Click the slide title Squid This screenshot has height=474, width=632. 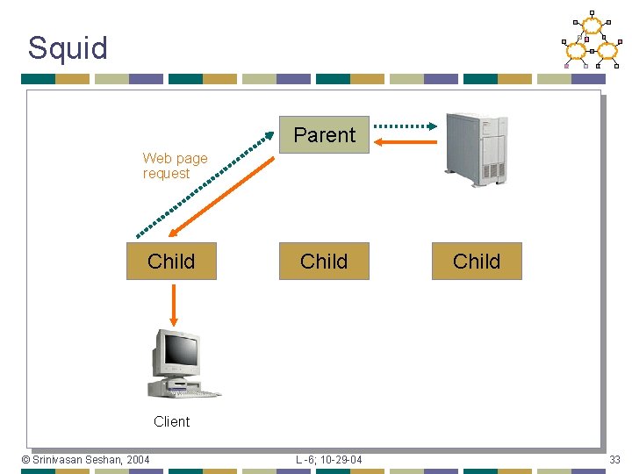(68, 47)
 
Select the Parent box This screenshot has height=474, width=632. (324, 135)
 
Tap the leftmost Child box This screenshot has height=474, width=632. (171, 262)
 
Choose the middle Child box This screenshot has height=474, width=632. (324, 262)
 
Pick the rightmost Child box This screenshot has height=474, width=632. (477, 262)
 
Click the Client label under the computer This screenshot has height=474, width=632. (171, 421)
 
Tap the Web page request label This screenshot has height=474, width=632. (175, 166)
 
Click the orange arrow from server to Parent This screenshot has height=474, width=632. (406, 141)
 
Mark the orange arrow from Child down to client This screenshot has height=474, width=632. (173, 303)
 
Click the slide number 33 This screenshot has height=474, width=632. (614, 460)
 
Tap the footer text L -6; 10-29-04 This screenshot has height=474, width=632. (328, 460)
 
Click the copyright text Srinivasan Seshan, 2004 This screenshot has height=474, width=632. (85, 460)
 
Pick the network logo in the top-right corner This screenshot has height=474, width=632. (592, 40)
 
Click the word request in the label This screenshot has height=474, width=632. (166, 174)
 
